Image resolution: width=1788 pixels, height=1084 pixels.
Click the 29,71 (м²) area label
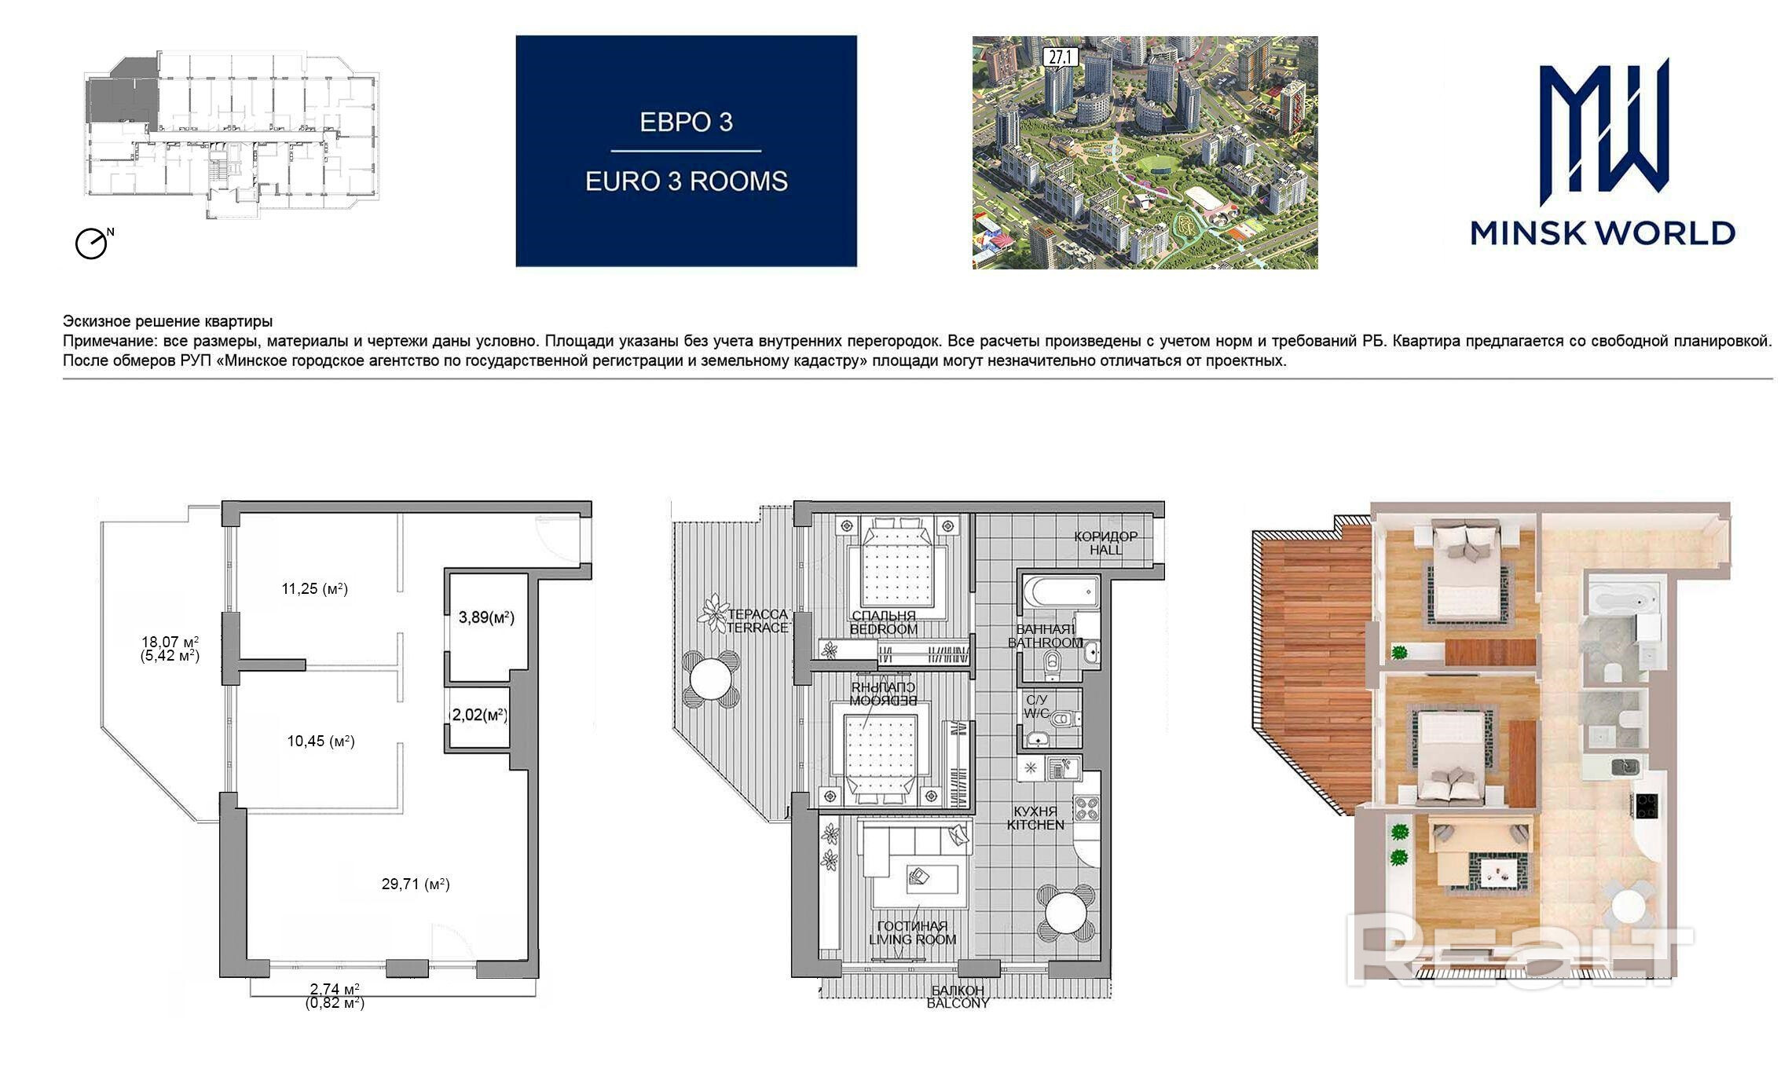click(x=416, y=884)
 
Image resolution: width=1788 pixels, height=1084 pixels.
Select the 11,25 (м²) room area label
click(x=314, y=588)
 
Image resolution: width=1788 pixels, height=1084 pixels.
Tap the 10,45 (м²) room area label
click(x=321, y=741)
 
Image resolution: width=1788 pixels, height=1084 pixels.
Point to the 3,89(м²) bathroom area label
click(x=486, y=617)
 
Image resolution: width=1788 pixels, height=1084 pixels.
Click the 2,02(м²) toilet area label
click(x=478, y=715)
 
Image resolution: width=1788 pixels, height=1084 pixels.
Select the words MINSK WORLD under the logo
click(x=1603, y=233)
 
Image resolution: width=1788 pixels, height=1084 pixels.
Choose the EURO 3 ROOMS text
click(x=687, y=181)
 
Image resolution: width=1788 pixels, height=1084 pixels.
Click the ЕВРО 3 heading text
click(x=687, y=122)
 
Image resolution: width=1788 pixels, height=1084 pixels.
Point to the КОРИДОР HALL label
click(x=1106, y=543)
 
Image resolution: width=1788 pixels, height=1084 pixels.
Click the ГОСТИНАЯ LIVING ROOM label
click(x=913, y=932)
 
